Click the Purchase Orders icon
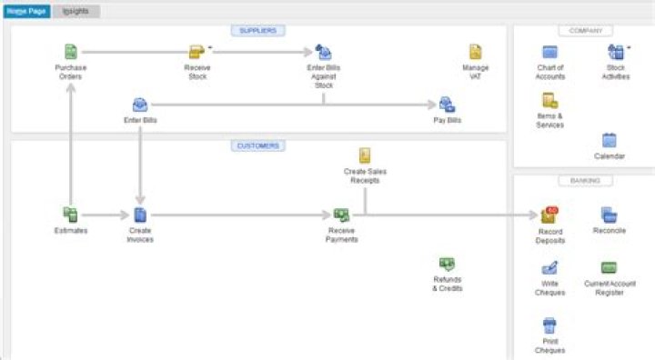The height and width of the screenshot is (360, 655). pyautogui.click(x=70, y=52)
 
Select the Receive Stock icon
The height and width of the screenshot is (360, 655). pyautogui.click(x=196, y=52)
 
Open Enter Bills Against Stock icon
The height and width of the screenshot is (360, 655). pyautogui.click(x=323, y=52)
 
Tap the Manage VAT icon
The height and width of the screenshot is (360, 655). pyautogui.click(x=475, y=52)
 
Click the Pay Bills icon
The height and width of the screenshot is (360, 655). pyautogui.click(x=447, y=105)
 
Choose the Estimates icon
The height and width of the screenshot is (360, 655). pyautogui.click(x=70, y=215)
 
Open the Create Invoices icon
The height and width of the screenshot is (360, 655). pyautogui.click(x=140, y=215)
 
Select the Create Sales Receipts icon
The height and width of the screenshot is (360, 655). pyautogui.click(x=364, y=155)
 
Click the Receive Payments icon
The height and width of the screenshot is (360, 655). pyautogui.click(x=341, y=215)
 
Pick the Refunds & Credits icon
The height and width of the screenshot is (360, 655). pyautogui.click(x=447, y=264)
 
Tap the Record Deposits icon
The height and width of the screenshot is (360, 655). pyautogui.click(x=549, y=215)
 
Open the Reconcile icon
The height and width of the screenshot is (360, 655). pyautogui.click(x=609, y=215)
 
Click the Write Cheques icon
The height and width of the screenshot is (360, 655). pyautogui.click(x=549, y=268)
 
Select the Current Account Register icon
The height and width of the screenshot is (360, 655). pyautogui.click(x=609, y=268)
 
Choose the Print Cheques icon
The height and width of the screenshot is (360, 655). pyautogui.click(x=549, y=325)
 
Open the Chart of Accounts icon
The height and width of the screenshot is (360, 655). pyautogui.click(x=549, y=52)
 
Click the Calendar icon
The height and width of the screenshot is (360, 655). pyautogui.click(x=609, y=140)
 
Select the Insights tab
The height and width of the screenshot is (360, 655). pyautogui.click(x=76, y=11)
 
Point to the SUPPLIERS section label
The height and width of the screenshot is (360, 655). pyautogui.click(x=257, y=30)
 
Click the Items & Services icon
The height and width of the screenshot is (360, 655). pyautogui.click(x=549, y=100)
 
